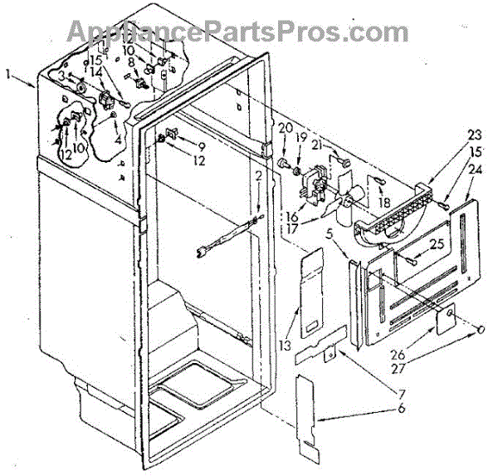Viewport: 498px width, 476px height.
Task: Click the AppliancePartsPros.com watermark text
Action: point(237,31)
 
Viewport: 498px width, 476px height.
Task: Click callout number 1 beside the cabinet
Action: point(7,74)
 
